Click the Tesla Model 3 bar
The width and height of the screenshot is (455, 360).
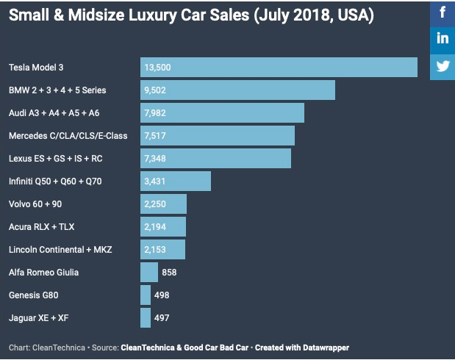(279, 68)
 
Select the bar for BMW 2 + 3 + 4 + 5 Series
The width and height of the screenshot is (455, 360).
(237, 90)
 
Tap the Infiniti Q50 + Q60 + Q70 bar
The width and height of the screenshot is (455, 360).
(176, 181)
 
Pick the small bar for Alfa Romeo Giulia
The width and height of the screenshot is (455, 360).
(146, 273)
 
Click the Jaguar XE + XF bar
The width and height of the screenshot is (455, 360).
(146, 318)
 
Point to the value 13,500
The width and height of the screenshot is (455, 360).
(158, 68)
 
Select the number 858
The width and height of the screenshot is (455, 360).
(168, 273)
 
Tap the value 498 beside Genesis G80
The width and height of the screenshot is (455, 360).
(162, 295)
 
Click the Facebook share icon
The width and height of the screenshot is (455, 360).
(443, 12)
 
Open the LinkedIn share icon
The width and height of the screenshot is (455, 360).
(443, 39)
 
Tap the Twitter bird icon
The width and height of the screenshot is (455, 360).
(443, 66)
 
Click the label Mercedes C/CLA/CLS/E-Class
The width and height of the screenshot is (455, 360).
(68, 136)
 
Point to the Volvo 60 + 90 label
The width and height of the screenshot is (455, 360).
(35, 204)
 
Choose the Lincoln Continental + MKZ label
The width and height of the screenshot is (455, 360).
(60, 250)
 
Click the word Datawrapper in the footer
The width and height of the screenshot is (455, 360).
(324, 347)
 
